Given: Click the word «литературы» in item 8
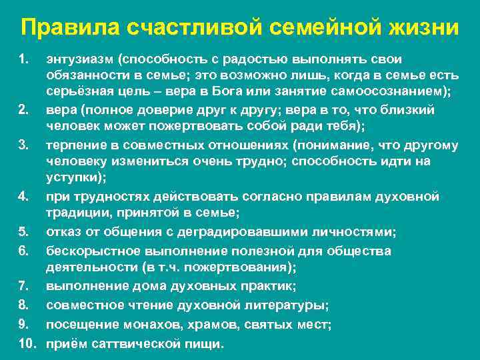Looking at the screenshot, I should [x=286, y=305].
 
